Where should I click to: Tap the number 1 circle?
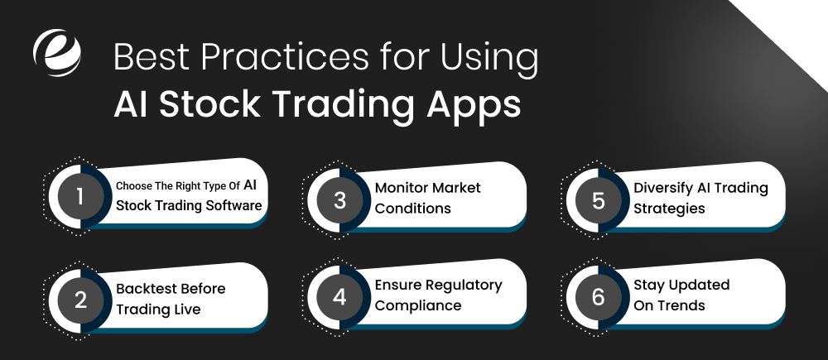(80, 198)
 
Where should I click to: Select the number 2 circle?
(80, 299)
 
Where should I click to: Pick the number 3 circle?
(339, 198)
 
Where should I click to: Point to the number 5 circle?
(599, 198)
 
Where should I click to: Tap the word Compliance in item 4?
(418, 305)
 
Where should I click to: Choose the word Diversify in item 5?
(664, 187)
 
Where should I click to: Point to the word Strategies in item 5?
(669, 208)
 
